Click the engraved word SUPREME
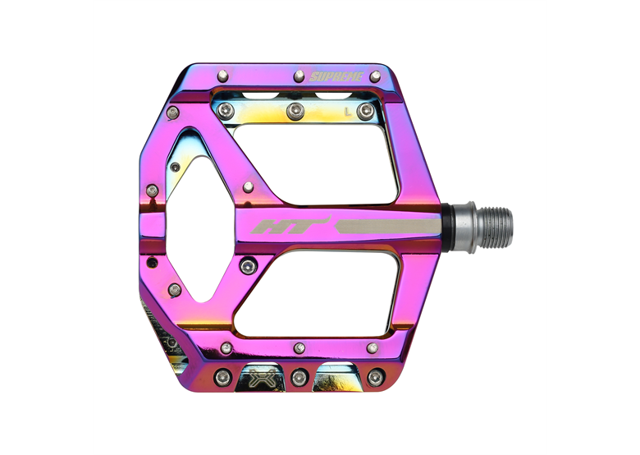click(336, 76)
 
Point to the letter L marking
click(348, 112)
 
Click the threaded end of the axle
click(495, 227)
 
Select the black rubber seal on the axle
click(447, 227)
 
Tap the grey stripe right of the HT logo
click(388, 227)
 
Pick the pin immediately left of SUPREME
click(299, 76)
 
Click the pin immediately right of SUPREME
click(375, 76)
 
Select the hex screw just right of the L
click(365, 111)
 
